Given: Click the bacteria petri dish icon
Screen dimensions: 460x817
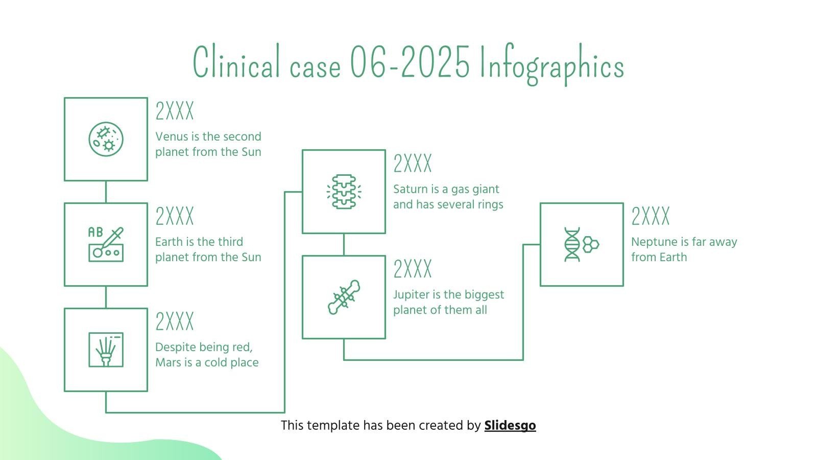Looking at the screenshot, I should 106,139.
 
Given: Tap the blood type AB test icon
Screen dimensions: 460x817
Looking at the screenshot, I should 106,244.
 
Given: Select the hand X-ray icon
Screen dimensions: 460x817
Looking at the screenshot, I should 106,350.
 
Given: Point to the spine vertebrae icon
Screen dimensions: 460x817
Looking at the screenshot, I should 344,192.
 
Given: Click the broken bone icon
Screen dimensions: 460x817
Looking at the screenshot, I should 344,297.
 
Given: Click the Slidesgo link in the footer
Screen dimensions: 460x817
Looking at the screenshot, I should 510,425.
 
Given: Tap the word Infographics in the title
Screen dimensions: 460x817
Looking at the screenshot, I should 551,65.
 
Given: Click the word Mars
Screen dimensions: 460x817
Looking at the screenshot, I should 168,362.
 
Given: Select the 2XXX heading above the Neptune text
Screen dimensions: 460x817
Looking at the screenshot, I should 650,216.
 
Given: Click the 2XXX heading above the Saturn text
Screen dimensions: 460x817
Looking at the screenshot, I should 412,164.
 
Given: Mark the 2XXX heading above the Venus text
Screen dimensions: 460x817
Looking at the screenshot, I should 175,111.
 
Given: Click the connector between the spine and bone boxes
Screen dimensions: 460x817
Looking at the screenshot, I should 344,244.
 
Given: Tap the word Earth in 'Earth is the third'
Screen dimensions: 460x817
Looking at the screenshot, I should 168,242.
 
